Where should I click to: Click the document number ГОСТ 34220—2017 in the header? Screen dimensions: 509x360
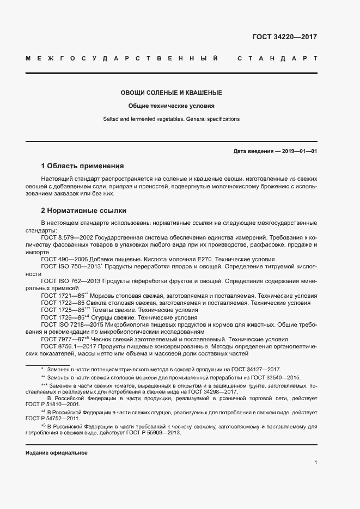click(284, 38)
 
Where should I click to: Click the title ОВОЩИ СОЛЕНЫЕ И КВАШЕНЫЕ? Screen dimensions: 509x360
click(171, 93)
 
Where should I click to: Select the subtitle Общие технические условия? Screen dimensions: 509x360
click(171, 106)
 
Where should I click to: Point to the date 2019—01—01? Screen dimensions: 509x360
click(299, 151)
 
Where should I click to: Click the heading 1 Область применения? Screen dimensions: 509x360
click(83, 165)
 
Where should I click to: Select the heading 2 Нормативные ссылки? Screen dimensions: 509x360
click(83, 210)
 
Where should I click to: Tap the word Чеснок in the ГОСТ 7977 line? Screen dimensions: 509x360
click(102, 339)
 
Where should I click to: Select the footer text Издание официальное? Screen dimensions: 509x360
click(56, 453)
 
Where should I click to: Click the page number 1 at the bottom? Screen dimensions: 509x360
click(315, 462)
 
